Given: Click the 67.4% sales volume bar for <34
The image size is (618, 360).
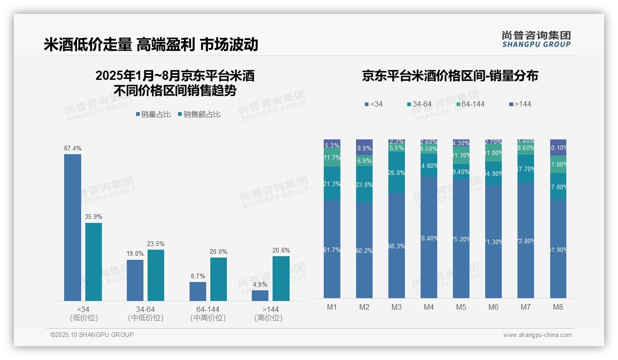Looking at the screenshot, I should (72, 227).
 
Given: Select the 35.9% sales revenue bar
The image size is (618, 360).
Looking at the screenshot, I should (94, 262).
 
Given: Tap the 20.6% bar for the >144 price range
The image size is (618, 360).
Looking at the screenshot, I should (281, 278).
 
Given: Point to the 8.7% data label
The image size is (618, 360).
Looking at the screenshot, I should (197, 276).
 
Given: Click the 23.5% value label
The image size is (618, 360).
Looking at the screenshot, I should (156, 244).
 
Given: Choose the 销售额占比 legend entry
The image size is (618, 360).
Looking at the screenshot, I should (199, 114).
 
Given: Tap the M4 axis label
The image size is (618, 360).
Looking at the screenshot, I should (428, 307).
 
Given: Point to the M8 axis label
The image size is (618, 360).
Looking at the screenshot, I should (558, 307).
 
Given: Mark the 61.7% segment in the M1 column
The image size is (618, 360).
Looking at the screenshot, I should (332, 249).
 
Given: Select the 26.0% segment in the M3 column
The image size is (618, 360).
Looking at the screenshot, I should (396, 173).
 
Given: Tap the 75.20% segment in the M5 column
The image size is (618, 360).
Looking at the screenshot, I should (461, 239).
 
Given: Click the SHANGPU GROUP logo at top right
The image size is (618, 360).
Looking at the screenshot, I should (536, 39).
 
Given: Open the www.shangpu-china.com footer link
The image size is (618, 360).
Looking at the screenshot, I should (537, 335).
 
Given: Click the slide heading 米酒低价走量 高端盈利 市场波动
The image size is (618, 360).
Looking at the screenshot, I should (151, 45).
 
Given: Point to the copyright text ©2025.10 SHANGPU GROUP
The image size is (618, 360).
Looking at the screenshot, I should (92, 335).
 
